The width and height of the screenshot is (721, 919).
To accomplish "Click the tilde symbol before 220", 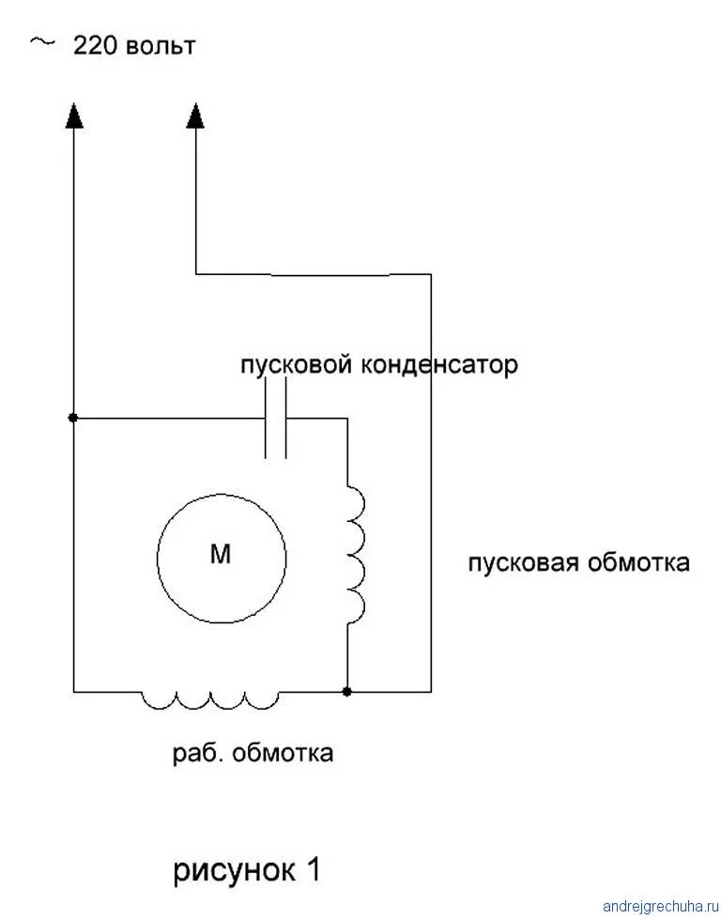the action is coord(41,42).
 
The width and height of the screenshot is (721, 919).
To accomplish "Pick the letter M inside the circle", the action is coord(220,556).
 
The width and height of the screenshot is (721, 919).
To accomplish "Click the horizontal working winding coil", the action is coord(210,699).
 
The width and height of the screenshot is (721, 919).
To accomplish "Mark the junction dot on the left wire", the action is coord(73,418).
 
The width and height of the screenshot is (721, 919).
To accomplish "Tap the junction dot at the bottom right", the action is coord(347,692).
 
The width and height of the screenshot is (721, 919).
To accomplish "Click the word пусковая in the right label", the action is coord(522,564).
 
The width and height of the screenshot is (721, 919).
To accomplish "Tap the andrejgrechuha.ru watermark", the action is coord(657,907).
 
